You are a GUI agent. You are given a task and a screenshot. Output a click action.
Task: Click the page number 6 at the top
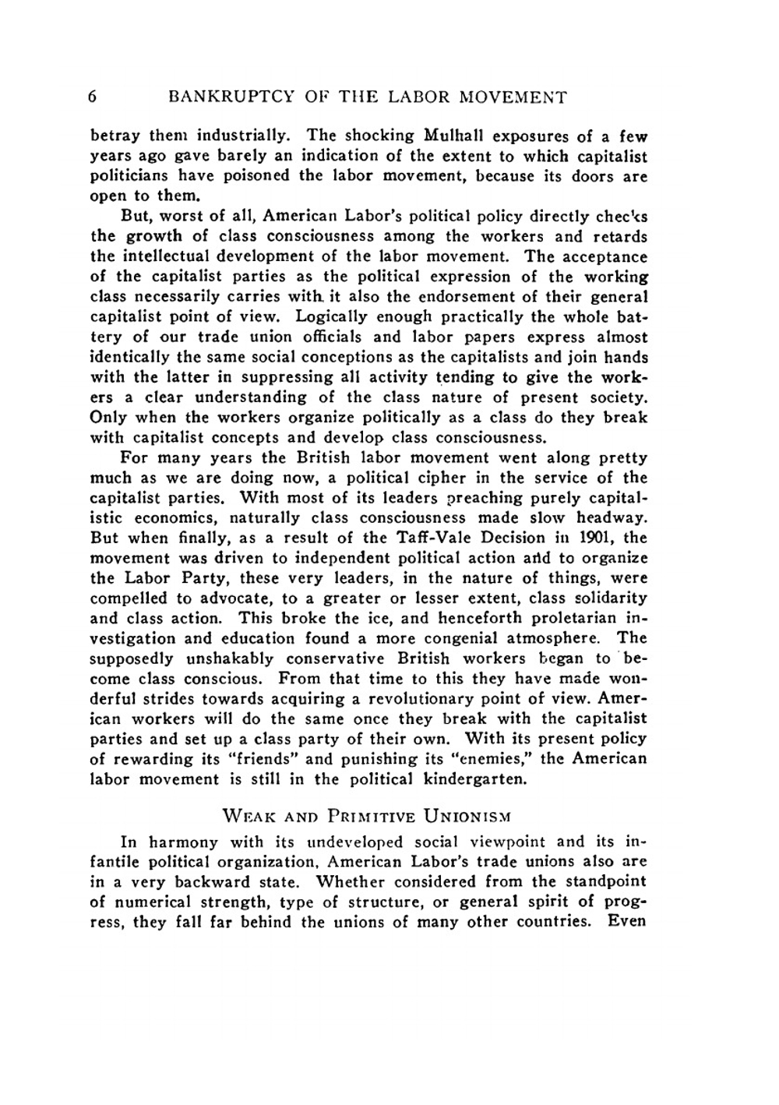(x=93, y=97)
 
